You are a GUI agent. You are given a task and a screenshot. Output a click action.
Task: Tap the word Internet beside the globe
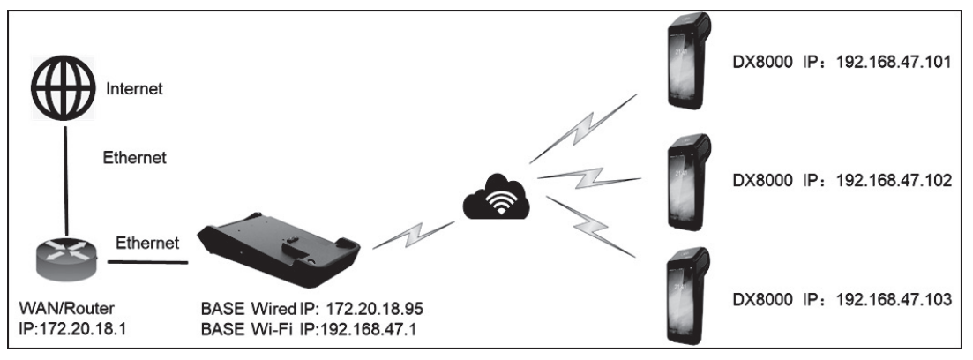click(x=136, y=89)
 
